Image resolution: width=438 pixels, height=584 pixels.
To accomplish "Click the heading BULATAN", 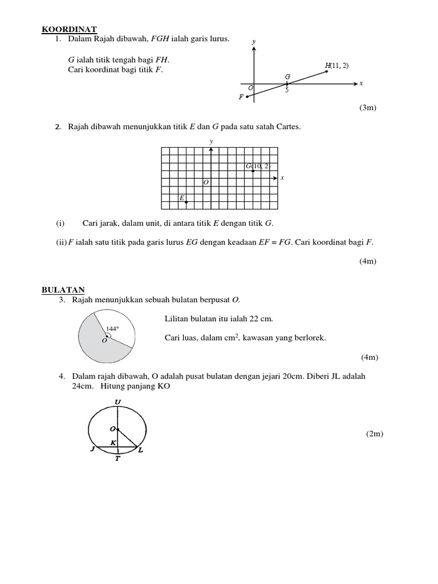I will coord(63,290).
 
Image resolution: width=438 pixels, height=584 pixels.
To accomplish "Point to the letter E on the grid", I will coord(182,198).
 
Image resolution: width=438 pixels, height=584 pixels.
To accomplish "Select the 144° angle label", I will coord(112,328).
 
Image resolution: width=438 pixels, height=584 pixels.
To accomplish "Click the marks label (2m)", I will coord(375,434).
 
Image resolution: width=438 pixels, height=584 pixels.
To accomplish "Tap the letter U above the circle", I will coord(117,402).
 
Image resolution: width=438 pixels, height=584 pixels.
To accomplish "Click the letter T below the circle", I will coord(117,459).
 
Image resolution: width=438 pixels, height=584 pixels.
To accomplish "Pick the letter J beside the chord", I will coord(91,450).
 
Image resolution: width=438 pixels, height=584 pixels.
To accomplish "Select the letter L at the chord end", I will coord(141,451).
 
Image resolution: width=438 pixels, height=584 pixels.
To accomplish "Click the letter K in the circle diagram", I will coord(113,442).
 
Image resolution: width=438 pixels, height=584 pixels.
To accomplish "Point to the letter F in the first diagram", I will coord(241,98).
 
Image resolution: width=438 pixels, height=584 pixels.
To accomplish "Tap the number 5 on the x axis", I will coord(287,90).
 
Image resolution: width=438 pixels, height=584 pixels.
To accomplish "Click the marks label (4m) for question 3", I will coord(369,358).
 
